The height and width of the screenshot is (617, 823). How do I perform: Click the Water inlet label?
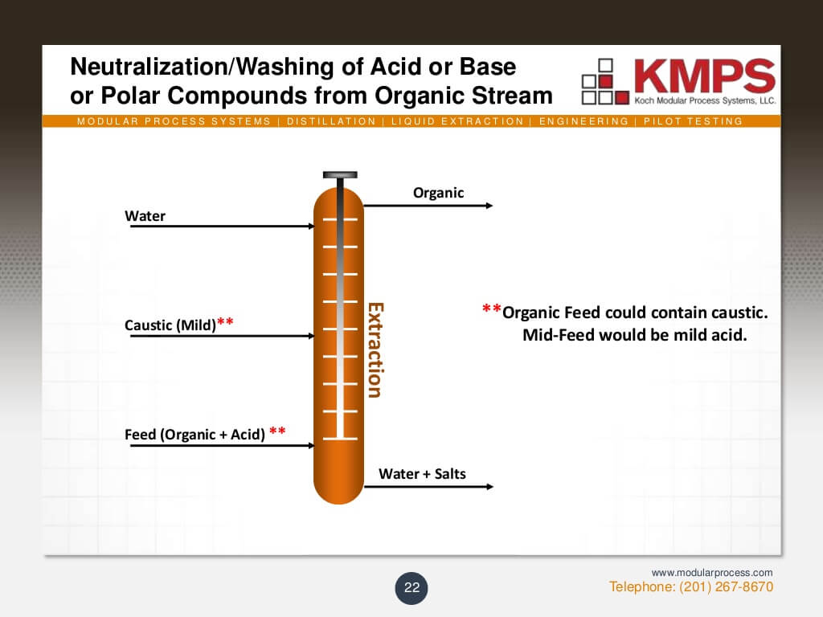click(145, 216)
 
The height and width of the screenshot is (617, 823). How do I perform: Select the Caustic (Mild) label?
click(170, 325)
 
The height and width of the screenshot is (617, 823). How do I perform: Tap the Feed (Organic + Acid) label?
click(194, 435)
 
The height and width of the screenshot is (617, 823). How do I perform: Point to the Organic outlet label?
click(438, 193)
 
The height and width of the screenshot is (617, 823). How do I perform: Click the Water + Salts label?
click(422, 474)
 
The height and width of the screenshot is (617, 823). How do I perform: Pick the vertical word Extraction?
click(375, 349)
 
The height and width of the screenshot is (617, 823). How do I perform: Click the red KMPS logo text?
click(703, 76)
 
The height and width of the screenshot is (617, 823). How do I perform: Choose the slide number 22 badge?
click(411, 588)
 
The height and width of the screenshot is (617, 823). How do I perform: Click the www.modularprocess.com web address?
click(712, 573)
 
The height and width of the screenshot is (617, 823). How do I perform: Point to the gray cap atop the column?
click(339, 175)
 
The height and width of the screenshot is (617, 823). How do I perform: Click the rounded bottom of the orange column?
click(338, 486)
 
